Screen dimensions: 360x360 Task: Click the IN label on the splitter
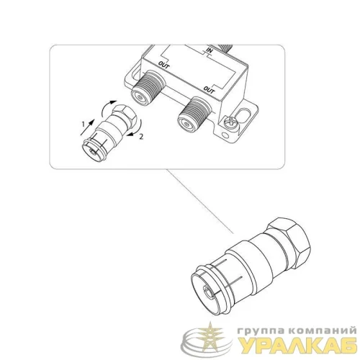tap(210, 51)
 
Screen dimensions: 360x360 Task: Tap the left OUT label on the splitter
tap(164, 65)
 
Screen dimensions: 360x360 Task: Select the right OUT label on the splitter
tap(209, 89)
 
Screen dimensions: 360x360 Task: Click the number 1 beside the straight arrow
tap(84, 124)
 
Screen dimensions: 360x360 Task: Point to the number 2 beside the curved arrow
tap(141, 137)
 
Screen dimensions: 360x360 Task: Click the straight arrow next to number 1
tap(87, 127)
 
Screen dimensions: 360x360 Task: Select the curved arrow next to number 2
tap(135, 129)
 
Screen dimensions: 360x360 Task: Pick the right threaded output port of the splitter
tap(194, 114)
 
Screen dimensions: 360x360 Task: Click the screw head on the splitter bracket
tap(230, 122)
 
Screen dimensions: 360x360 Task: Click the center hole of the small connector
tap(92, 152)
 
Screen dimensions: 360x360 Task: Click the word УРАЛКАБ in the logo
tap(298, 346)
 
